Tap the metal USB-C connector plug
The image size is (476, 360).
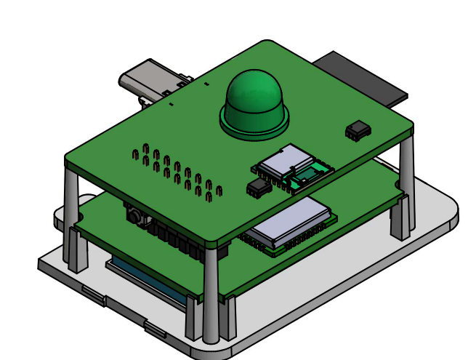(x=149, y=81)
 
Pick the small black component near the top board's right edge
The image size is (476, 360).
(x=358, y=130)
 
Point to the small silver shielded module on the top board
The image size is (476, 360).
(x=286, y=161)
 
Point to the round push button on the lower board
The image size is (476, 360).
(x=134, y=215)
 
